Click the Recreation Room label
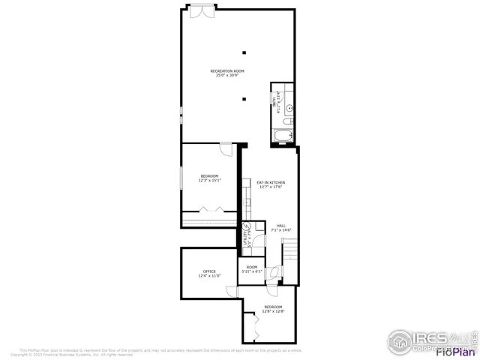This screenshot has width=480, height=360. pyautogui.click(x=227, y=73)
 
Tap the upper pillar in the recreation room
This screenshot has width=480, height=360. pyautogui.click(x=244, y=52)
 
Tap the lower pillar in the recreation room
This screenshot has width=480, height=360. pyautogui.click(x=244, y=99)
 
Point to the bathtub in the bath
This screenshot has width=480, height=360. pyautogui.click(x=283, y=136)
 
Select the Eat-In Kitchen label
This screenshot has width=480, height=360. pyautogui.click(x=271, y=184)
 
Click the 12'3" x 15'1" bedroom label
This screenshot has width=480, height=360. pyautogui.click(x=209, y=178)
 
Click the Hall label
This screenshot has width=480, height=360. pyautogui.click(x=281, y=227)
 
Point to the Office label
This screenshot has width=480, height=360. pyautogui.click(x=209, y=273)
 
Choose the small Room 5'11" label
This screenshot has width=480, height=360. pyautogui.click(x=252, y=269)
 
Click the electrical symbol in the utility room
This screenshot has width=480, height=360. pyautogui.click(x=247, y=226)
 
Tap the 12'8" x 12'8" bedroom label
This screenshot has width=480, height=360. pyautogui.click(x=273, y=309)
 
